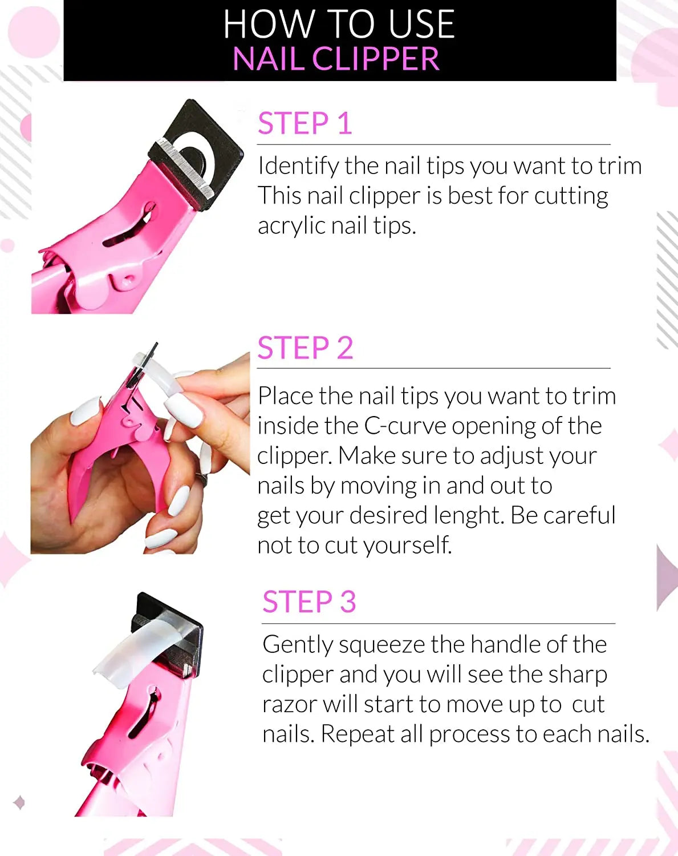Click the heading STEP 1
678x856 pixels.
[305, 124]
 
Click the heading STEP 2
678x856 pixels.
[305, 348]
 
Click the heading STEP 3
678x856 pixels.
[309, 602]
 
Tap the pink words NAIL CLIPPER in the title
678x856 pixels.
[336, 59]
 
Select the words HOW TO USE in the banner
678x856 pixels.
[339, 24]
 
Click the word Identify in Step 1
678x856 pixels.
[298, 166]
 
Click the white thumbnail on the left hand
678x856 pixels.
[86, 411]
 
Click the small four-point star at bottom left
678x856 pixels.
[19, 802]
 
